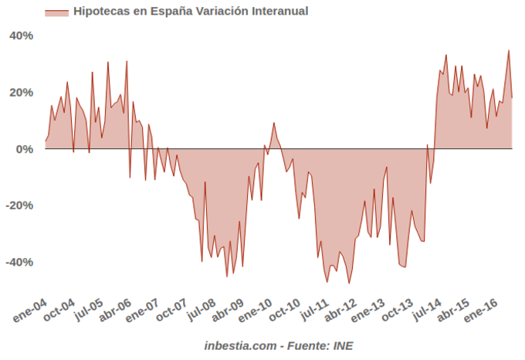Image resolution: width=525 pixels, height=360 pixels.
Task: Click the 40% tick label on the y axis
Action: [x=22, y=36]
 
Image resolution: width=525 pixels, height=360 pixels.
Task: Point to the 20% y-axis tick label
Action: [x=22, y=93]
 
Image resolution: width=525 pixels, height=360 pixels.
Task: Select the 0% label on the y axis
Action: [x=25, y=149]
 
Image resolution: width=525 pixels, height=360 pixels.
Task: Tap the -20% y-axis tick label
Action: [x=19, y=205]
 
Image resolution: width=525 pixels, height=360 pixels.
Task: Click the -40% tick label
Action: [x=19, y=262]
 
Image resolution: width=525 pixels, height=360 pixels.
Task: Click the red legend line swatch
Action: [x=56, y=12]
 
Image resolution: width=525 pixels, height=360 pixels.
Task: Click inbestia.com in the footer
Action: [x=239, y=345]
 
